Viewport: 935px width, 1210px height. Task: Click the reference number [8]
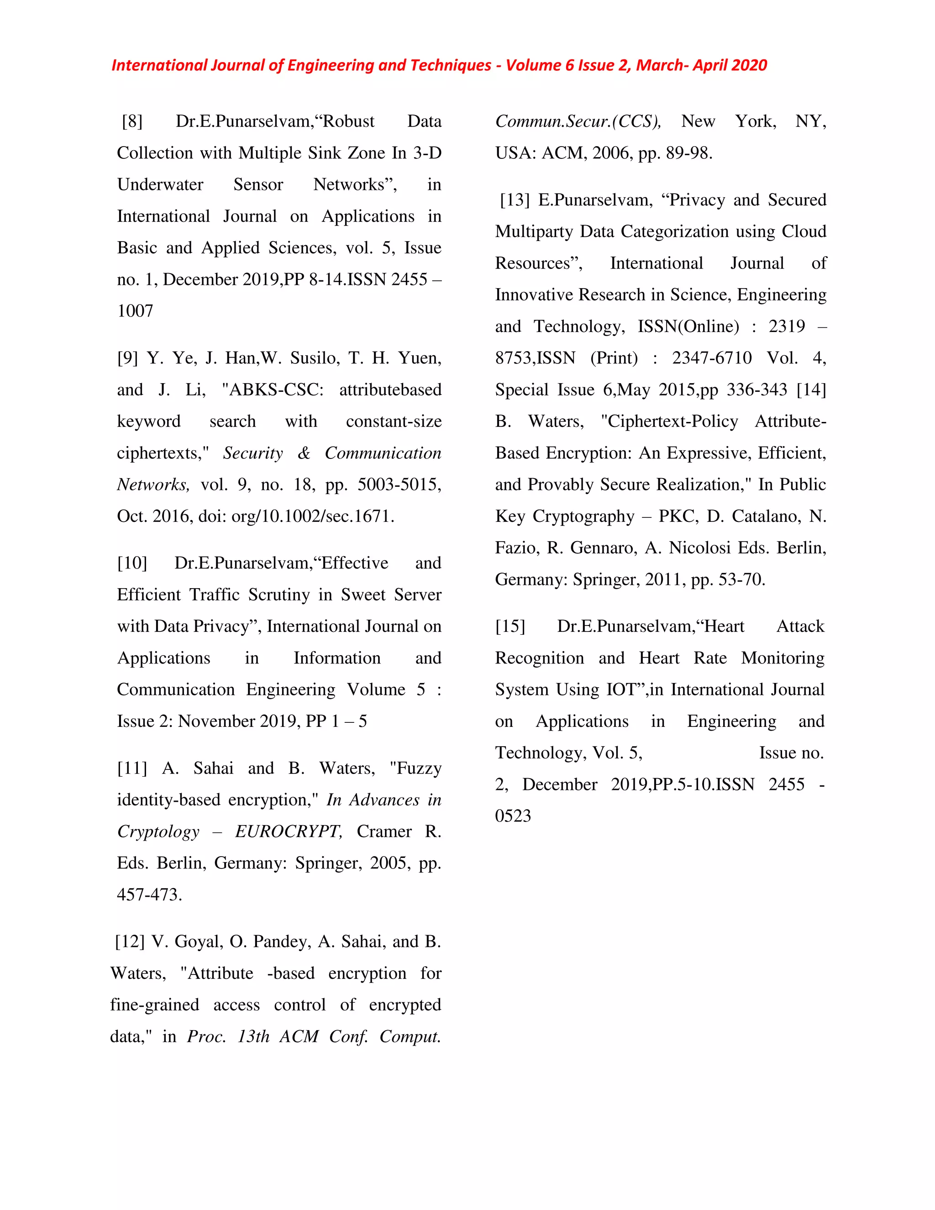132,121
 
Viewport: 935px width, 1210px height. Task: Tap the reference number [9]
127,358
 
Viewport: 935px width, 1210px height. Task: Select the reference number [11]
132,768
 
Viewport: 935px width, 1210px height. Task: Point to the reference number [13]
515,200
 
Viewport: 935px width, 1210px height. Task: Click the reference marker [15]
510,626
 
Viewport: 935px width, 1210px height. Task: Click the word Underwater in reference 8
160,184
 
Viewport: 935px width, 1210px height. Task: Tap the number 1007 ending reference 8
135,311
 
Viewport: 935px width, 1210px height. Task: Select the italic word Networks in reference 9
153,485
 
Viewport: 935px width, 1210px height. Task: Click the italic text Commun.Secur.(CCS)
578,121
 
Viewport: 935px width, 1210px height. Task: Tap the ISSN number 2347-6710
712,358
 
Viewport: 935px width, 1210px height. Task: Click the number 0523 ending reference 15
513,816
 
